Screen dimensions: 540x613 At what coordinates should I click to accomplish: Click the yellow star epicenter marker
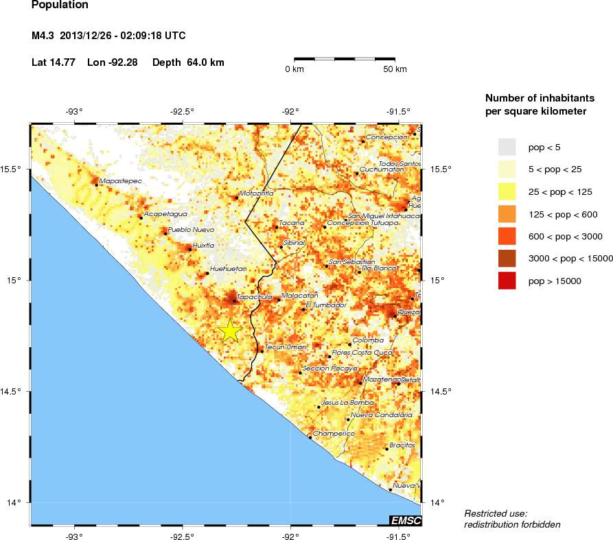click(230, 331)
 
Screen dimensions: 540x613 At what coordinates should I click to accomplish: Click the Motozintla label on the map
click(256, 193)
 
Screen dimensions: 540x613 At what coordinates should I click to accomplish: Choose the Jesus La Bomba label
click(348, 402)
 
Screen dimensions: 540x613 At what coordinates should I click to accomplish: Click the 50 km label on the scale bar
click(395, 69)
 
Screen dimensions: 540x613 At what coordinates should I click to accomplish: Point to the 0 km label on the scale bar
click(294, 69)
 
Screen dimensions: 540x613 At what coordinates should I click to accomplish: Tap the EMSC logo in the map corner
click(405, 521)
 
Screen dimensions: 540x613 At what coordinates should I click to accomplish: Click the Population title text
click(60, 5)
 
